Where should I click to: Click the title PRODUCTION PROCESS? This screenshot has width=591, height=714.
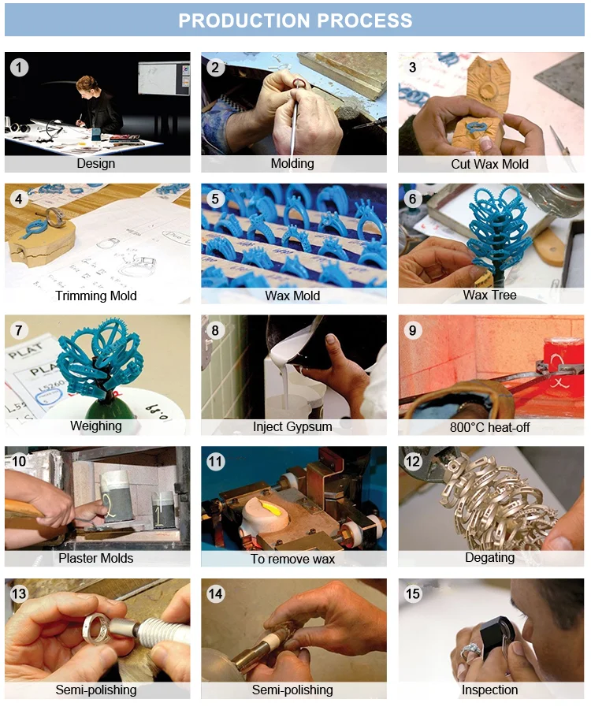(295, 20)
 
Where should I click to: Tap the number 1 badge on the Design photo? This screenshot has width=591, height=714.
(19, 68)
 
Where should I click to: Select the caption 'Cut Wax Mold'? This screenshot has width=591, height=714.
(490, 164)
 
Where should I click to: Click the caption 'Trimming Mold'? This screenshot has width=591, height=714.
(96, 296)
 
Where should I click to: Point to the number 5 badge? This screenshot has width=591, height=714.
(215, 199)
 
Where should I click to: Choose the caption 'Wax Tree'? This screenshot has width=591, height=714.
(490, 295)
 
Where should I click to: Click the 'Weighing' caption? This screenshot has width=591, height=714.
(96, 426)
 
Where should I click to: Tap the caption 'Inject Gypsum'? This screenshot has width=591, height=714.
(292, 426)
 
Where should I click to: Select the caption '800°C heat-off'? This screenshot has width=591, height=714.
(490, 427)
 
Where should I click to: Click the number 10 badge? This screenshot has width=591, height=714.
(19, 461)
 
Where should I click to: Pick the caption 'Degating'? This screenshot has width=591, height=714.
(490, 558)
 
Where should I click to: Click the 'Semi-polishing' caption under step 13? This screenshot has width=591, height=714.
(96, 690)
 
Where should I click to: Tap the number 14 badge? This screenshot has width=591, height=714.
(215, 593)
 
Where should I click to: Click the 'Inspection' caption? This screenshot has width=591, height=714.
(490, 690)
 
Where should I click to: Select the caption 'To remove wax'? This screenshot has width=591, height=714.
(292, 559)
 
